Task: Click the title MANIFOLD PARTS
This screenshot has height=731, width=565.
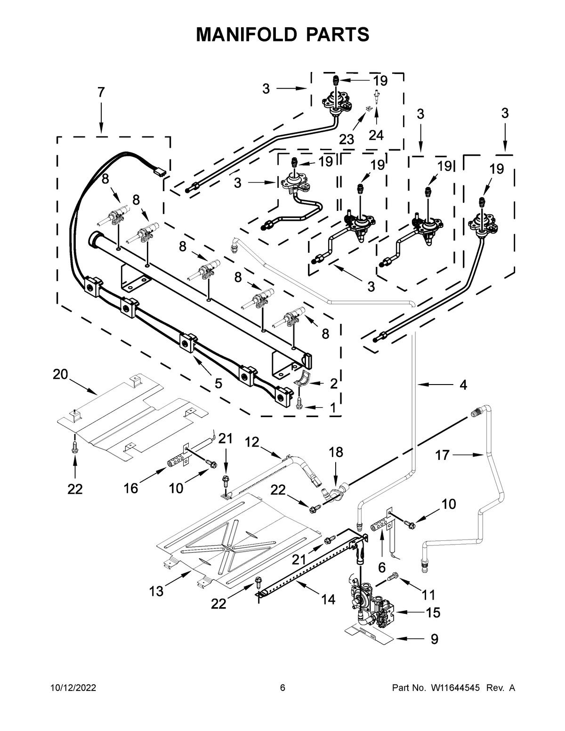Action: pyautogui.click(x=282, y=34)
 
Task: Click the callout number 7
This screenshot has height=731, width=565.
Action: pyautogui.click(x=101, y=93)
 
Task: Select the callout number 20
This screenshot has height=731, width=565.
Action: pyautogui.click(x=60, y=374)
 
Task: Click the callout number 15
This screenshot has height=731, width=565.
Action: pyautogui.click(x=433, y=612)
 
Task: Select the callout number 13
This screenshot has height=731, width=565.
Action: pyautogui.click(x=156, y=591)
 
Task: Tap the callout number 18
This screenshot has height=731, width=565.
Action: pyautogui.click(x=336, y=452)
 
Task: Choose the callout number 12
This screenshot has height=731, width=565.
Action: pyautogui.click(x=252, y=442)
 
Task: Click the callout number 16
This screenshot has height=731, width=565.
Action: pyautogui.click(x=131, y=488)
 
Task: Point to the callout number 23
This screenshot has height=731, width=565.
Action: pyautogui.click(x=347, y=139)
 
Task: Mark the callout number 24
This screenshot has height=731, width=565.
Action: pyautogui.click(x=376, y=135)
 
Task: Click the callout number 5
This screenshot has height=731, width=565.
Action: pyautogui.click(x=218, y=384)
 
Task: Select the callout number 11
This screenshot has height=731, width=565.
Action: pyautogui.click(x=428, y=595)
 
